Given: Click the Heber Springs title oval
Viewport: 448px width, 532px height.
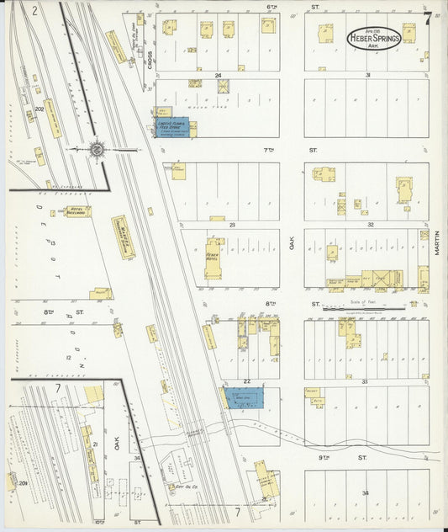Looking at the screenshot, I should [x=374, y=37].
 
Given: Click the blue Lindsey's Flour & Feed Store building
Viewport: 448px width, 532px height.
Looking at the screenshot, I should [x=174, y=129].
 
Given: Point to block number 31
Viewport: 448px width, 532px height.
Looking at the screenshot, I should [x=368, y=75].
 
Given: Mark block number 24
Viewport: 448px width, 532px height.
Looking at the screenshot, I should [x=218, y=75].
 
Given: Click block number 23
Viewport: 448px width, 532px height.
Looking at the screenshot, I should [x=230, y=225].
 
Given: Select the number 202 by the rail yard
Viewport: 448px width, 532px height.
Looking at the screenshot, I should [x=39, y=109].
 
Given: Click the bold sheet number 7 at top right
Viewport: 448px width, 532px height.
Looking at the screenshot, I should [x=428, y=17].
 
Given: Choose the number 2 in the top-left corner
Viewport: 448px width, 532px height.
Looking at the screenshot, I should [x=34, y=12].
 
